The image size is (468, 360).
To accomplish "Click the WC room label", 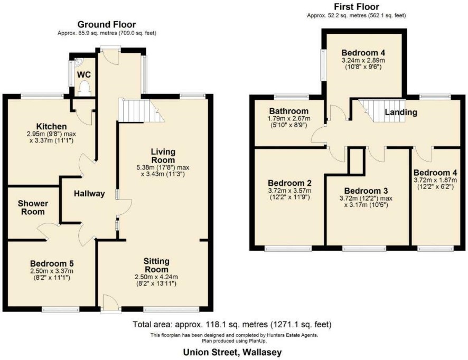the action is pos(84,74).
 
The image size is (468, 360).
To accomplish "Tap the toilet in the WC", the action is pos(85,89).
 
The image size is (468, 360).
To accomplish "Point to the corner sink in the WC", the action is pos(78,62).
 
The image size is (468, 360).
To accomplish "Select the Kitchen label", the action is pos(51,127).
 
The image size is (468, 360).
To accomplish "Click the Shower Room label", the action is pos(33,207).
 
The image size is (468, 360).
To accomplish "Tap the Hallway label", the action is pos(89,194).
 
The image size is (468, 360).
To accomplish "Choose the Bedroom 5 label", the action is pos(52,263).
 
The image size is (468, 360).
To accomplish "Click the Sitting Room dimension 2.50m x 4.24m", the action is pos(156,277).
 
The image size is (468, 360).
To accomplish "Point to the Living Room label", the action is pos(163,156).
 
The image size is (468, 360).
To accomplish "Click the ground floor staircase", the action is pos(142,110).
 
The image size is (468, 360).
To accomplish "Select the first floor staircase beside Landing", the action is pos(382,111).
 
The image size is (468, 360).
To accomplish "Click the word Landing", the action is pos(401,112).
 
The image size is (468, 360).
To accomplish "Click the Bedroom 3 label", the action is pos(366,191).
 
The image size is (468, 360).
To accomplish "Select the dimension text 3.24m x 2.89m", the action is pos(363,61).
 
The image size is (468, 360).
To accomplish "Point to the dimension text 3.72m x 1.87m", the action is pos(435,181).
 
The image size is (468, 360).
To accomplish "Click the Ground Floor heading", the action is pos(107,24).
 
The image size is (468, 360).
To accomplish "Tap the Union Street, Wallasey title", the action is pos(232,353).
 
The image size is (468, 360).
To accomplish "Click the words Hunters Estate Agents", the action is pos(293,335).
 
